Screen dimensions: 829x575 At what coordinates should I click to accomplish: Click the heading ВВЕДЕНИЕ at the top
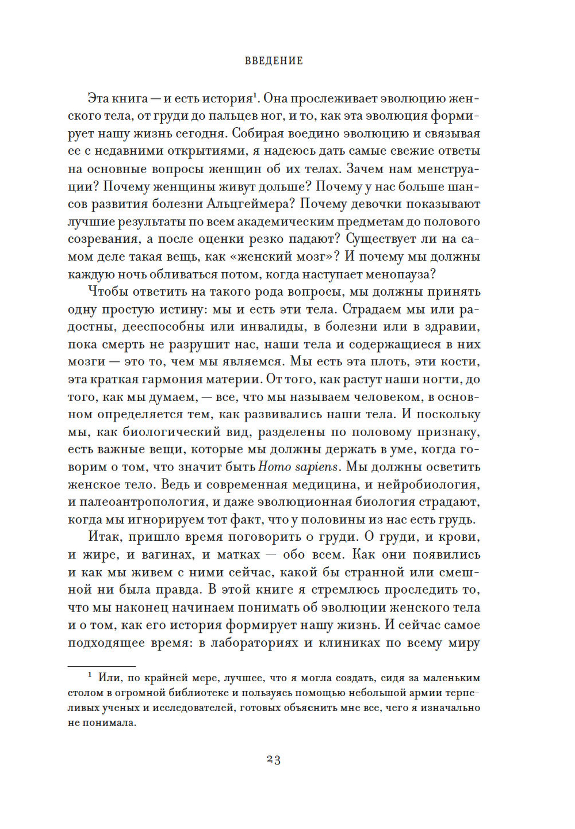pos(274,61)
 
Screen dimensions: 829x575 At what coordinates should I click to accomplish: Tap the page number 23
pos(274,759)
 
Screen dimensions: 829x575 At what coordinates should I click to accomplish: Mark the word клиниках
pos(350,643)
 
